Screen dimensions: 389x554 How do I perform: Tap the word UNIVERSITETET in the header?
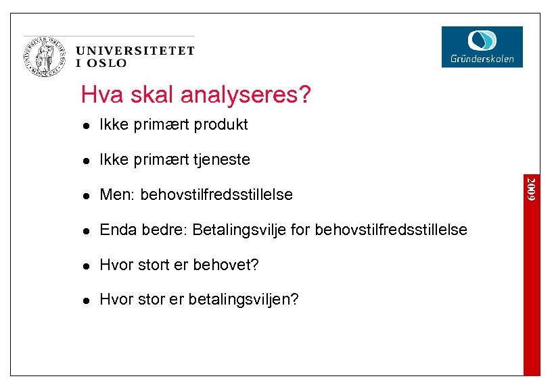[135, 51]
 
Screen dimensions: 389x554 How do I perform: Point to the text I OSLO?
[101, 63]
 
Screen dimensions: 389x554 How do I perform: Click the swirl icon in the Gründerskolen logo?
[482, 41]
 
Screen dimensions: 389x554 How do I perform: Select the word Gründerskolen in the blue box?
[482, 59]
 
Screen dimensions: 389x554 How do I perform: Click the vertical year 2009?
[532, 188]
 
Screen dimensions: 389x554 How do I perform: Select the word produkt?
[221, 125]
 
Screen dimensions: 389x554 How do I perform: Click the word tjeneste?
[222, 160]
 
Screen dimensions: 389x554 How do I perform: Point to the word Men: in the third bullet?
[118, 195]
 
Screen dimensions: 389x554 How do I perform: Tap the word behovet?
[226, 265]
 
